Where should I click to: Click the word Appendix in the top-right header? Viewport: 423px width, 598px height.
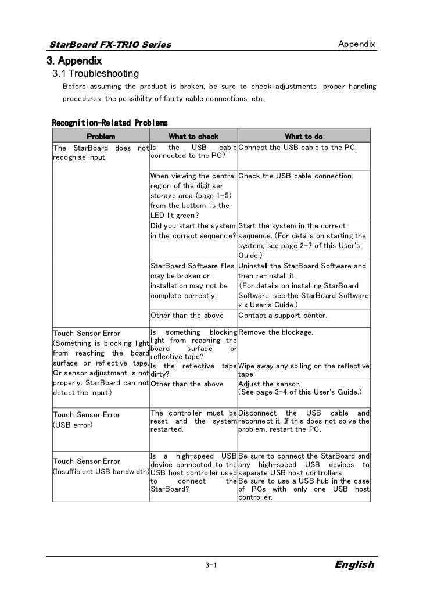click(x=356, y=45)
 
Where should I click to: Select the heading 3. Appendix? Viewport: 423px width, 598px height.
click(x=74, y=60)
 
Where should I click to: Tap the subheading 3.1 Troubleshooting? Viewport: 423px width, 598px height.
click(x=95, y=74)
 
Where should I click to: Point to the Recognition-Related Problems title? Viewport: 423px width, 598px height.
click(x=110, y=123)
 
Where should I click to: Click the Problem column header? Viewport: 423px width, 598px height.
click(x=101, y=137)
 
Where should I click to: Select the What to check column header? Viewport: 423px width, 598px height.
click(x=193, y=137)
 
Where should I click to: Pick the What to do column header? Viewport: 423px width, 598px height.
click(x=303, y=137)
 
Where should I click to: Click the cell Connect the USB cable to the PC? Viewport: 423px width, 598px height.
click(x=297, y=148)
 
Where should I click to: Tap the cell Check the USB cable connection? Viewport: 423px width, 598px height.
click(x=295, y=176)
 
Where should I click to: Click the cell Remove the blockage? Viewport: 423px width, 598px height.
click(x=276, y=332)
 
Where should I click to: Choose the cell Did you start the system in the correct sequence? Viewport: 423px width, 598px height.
click(x=193, y=231)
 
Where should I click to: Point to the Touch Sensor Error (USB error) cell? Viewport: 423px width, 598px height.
click(x=87, y=420)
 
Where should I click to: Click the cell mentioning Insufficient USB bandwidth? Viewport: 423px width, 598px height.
click(x=101, y=466)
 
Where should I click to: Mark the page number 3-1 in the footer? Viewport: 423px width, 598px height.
click(x=211, y=565)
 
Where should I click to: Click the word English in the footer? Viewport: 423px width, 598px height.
click(x=354, y=565)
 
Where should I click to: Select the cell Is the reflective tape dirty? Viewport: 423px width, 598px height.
click(x=193, y=370)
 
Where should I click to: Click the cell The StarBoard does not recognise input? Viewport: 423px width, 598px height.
click(x=101, y=152)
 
